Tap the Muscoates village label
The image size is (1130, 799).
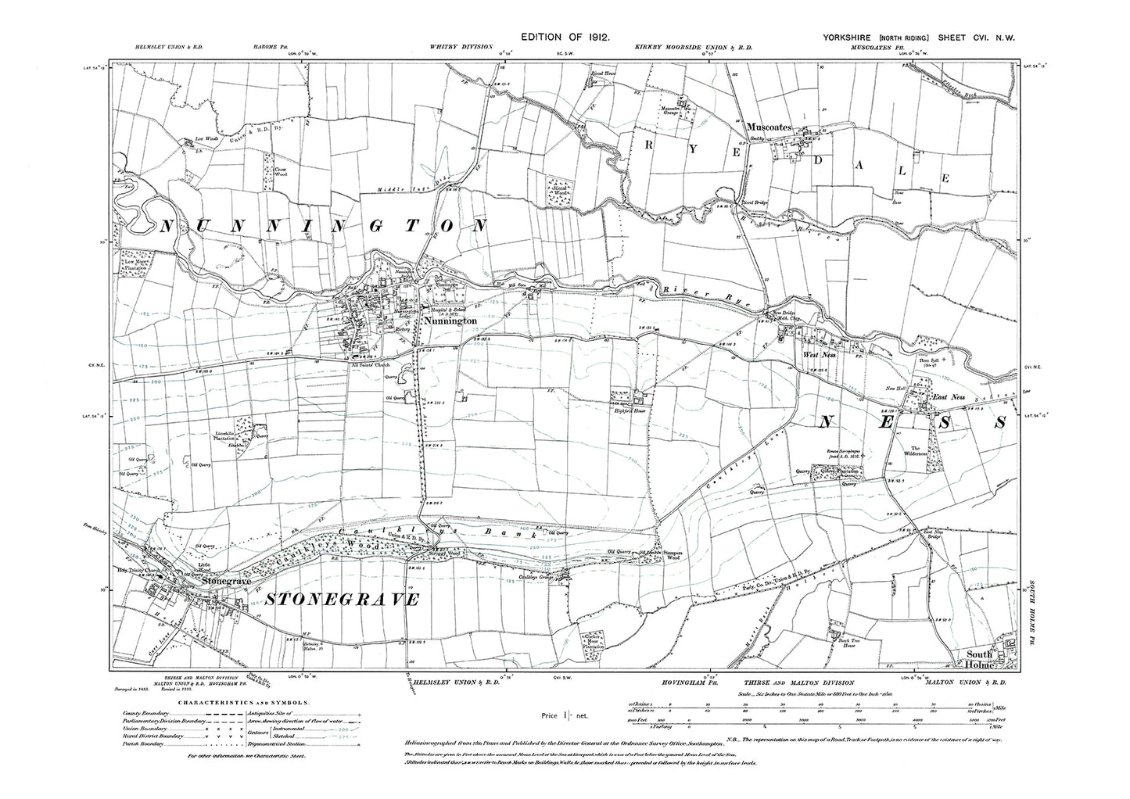pyautogui.click(x=769, y=126)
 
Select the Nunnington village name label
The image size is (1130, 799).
pyautogui.click(x=449, y=321)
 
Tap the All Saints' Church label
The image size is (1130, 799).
pyautogui.click(x=370, y=364)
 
